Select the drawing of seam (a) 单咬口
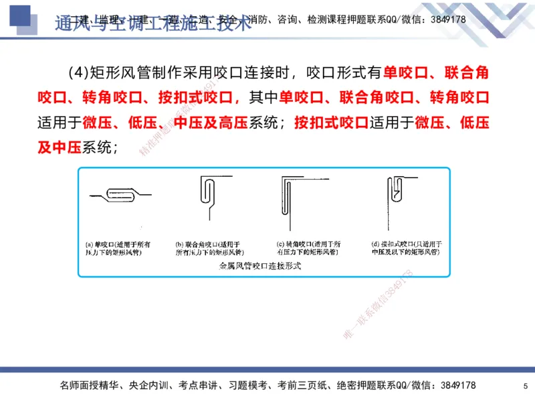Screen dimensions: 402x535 coord(117,195)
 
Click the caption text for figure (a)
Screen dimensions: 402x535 coord(119,248)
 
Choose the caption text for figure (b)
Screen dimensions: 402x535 coord(208,248)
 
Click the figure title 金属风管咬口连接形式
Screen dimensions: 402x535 coord(260,267)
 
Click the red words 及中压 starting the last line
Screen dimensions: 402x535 coord(60,148)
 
